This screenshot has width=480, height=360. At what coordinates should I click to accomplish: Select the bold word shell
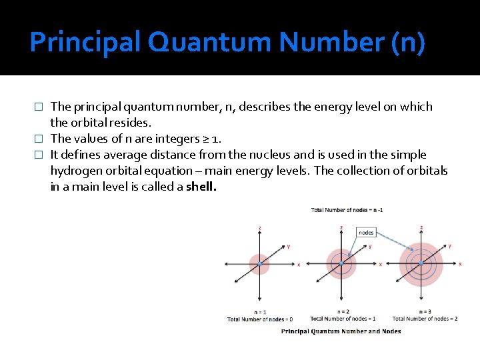pyautogui.click(x=201, y=187)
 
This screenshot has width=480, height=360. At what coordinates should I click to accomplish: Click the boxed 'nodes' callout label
pyautogui.click(x=366, y=232)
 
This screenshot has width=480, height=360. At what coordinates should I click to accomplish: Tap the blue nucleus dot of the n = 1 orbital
pyautogui.click(x=259, y=264)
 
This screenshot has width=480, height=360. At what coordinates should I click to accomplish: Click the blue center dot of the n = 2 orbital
pyautogui.click(x=341, y=264)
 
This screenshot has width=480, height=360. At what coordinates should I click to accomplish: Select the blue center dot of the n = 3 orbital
pyautogui.click(x=421, y=264)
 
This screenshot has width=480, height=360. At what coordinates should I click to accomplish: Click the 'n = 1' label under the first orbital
pyautogui.click(x=260, y=312)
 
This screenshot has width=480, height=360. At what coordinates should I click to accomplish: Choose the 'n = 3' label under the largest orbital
pyautogui.click(x=425, y=312)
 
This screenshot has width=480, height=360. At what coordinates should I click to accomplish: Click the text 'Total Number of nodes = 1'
pyautogui.click(x=343, y=319)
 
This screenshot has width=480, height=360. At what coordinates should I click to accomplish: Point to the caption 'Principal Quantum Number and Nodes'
pyautogui.click(x=341, y=331)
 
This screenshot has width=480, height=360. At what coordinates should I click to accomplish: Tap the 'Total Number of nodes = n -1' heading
pyautogui.click(x=347, y=210)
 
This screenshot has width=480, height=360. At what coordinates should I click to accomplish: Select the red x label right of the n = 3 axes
pyautogui.click(x=461, y=265)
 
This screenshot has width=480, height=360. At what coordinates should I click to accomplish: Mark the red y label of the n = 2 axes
pyautogui.click(x=370, y=246)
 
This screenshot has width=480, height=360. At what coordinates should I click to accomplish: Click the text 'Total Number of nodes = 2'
pyautogui.click(x=425, y=319)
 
